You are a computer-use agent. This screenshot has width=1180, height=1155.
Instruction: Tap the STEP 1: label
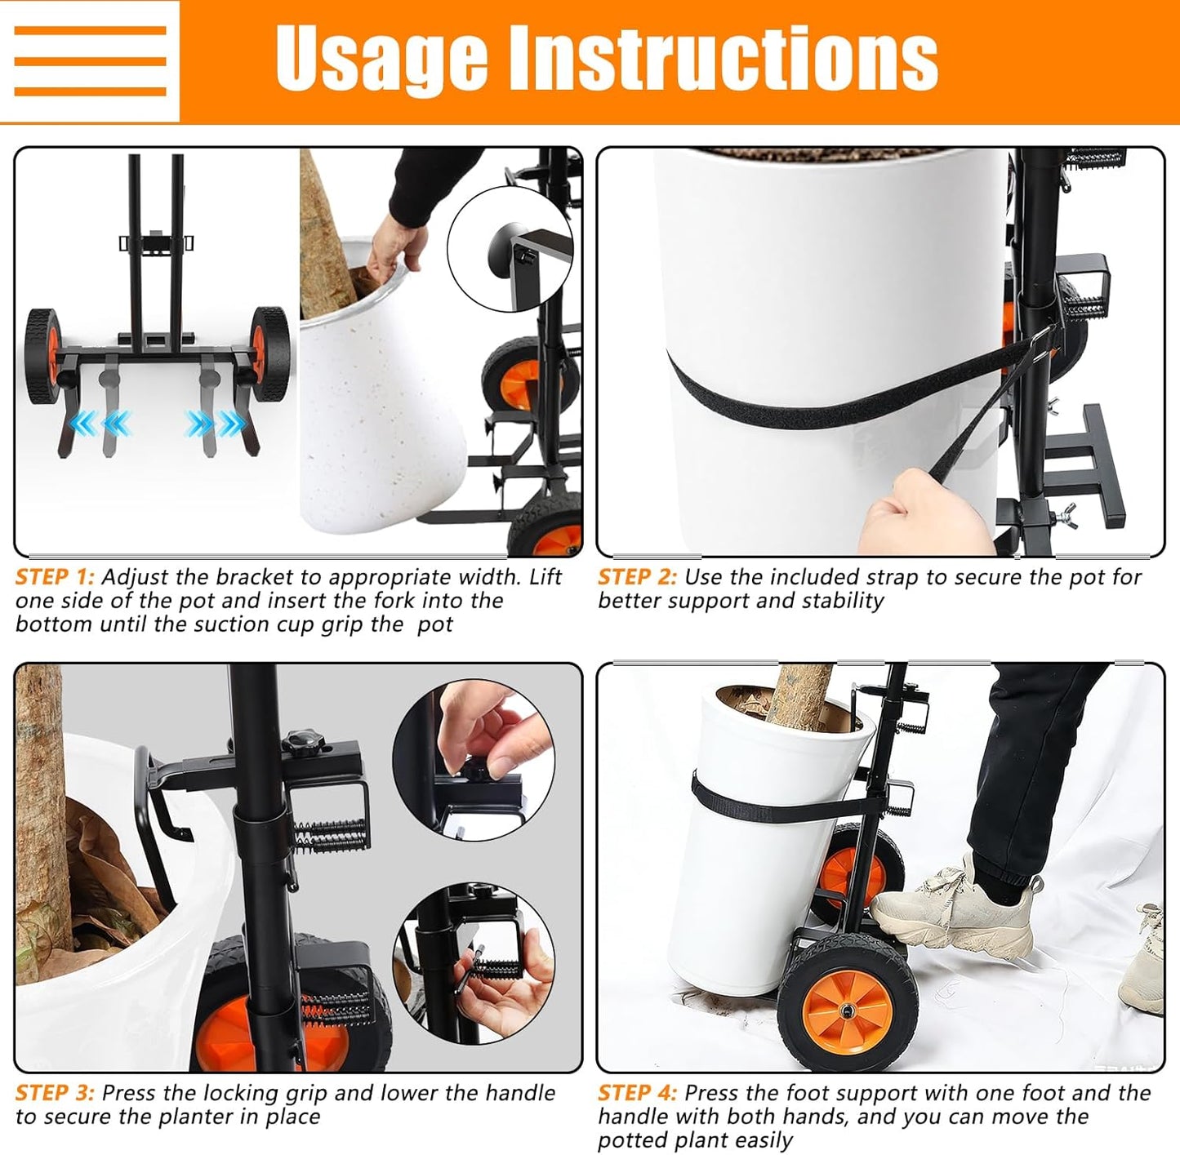coord(55,577)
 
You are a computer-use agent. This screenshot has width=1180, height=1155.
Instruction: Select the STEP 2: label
coord(637,577)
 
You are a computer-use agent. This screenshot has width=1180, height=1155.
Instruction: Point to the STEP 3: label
coord(55,1093)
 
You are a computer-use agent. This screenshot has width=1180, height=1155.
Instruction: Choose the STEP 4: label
coord(637,1093)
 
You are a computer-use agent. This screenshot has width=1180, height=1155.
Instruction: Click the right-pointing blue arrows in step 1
coord(215,424)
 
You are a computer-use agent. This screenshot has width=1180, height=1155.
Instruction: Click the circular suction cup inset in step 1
coord(510,249)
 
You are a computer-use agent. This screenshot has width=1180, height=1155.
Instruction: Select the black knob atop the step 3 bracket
coord(304,742)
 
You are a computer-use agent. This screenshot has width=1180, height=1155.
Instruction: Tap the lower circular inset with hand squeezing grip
coord(474,963)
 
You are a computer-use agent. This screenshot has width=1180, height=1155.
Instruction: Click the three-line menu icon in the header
coord(90,61)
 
